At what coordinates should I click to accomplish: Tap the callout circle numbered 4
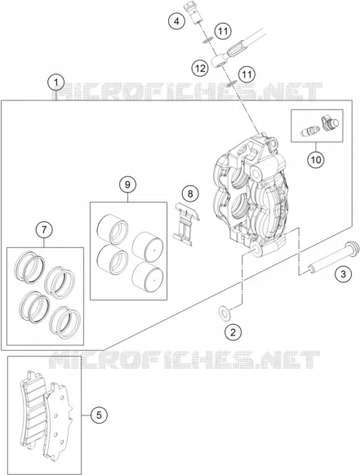(176, 21)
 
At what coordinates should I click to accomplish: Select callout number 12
(200, 69)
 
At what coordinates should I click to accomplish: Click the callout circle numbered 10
(316, 159)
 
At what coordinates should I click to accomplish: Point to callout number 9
(127, 184)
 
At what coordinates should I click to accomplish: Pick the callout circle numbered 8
(190, 193)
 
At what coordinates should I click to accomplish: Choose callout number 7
(44, 230)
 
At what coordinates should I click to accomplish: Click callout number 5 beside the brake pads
(99, 415)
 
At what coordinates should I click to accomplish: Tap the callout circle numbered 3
(343, 274)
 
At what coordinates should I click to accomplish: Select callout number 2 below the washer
(233, 332)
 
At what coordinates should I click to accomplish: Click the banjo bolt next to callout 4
(193, 14)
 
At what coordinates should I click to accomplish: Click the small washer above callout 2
(224, 313)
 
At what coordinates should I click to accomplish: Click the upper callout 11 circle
(223, 31)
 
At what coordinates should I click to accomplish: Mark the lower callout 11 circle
(247, 74)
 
